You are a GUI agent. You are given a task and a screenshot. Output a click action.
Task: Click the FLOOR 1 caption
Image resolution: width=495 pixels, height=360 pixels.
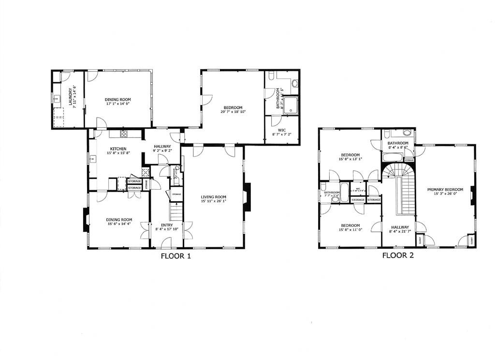(x=175, y=256)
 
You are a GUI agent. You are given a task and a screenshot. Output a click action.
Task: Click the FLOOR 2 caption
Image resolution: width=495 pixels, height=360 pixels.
(x=398, y=255)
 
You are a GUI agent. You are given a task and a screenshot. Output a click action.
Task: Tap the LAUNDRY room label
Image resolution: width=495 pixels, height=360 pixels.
(x=70, y=97)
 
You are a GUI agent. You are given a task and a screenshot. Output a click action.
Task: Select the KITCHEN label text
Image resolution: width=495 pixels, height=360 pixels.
(x=118, y=149)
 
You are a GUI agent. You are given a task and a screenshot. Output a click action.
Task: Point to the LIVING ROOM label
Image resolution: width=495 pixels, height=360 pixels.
(x=213, y=196)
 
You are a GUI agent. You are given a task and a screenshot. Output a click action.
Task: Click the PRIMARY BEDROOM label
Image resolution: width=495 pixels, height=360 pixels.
(x=445, y=190)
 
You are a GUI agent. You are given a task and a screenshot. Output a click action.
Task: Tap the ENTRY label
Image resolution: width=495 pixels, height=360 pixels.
(x=166, y=225)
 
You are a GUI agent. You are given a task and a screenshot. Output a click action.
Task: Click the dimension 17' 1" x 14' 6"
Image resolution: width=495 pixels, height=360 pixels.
(x=118, y=104)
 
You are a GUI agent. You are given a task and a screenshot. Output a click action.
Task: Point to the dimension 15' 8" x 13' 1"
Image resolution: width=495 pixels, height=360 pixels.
(x=351, y=159)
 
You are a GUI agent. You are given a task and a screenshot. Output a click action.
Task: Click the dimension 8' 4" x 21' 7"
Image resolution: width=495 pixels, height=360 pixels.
(x=400, y=232)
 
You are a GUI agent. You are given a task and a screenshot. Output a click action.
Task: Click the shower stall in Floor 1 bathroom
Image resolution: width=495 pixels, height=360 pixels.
(x=291, y=105)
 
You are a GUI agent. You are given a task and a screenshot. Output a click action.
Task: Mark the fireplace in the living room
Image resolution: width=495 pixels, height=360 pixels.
(x=247, y=197)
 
